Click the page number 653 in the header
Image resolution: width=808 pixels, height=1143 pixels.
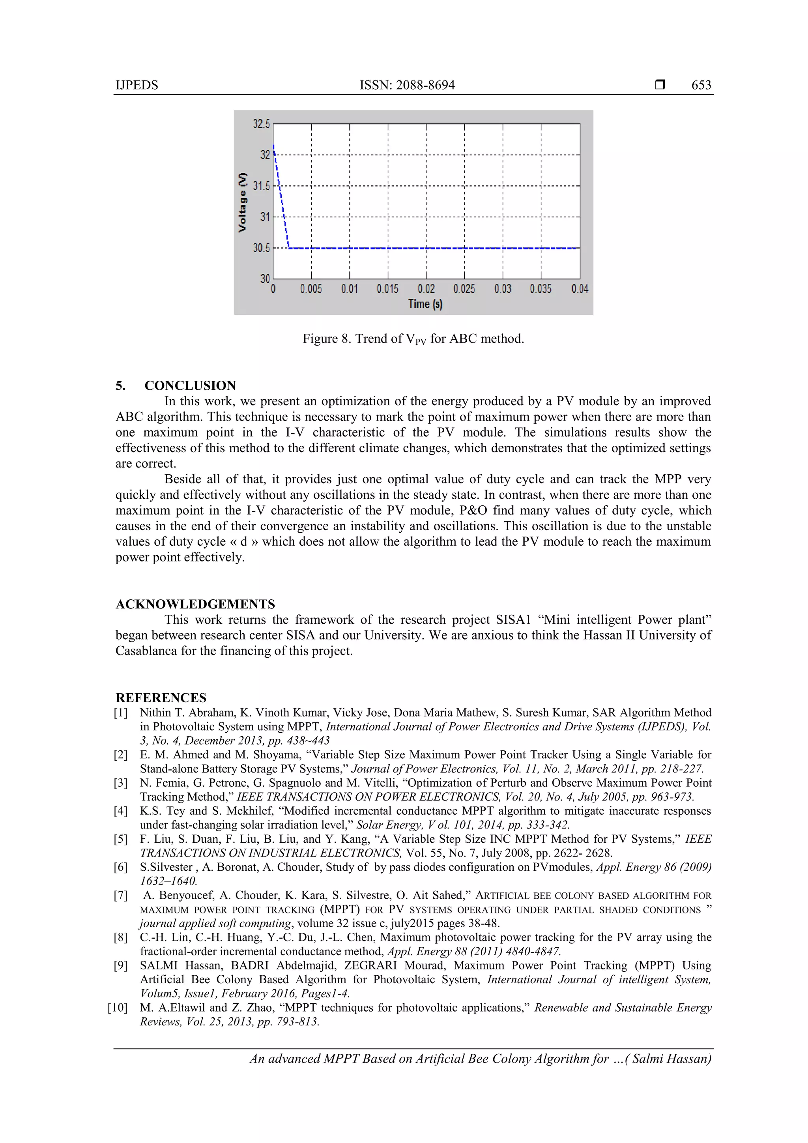coord(701,85)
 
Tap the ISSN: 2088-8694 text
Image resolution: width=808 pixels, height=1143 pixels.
coord(407,85)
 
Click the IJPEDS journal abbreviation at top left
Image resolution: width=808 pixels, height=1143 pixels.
coord(137,85)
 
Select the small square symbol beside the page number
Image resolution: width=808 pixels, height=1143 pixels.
coord(660,85)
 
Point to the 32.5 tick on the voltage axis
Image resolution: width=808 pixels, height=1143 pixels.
coord(261,124)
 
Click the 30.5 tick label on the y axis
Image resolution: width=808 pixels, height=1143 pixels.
coord(261,248)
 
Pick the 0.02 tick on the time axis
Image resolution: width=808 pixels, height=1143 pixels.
coord(426,289)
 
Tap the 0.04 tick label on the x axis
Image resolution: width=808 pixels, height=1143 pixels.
coord(580,289)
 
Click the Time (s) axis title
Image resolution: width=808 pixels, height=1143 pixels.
coord(425,304)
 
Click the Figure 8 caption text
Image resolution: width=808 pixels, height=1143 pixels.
coord(413,339)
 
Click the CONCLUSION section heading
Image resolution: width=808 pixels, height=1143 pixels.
coord(190,385)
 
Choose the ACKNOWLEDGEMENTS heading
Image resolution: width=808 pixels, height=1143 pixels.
coord(195,604)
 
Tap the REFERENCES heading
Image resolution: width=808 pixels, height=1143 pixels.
coord(161,698)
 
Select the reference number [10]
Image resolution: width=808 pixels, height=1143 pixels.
coord(118,1008)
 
